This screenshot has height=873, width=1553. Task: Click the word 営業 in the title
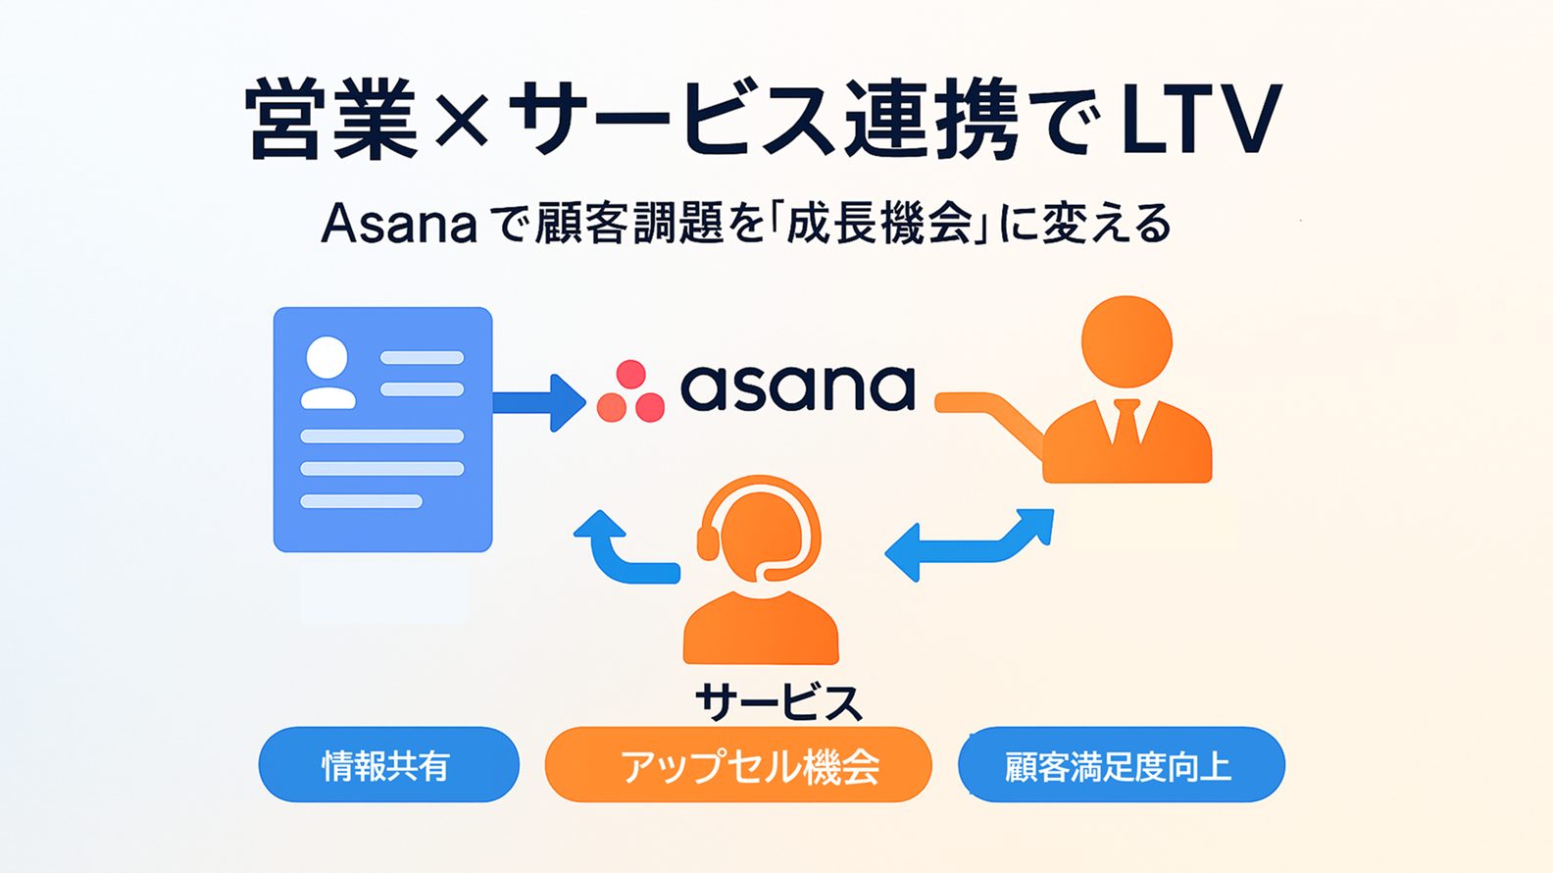click(333, 122)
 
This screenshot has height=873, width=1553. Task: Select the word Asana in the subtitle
click(398, 225)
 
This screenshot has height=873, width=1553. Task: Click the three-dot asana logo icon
click(630, 392)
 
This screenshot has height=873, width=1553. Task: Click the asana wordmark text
click(797, 388)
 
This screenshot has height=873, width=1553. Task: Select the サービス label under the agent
click(778, 702)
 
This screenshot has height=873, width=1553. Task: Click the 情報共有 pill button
click(388, 765)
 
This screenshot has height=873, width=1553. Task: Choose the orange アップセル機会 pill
click(738, 765)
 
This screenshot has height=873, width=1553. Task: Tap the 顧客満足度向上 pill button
click(1121, 765)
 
